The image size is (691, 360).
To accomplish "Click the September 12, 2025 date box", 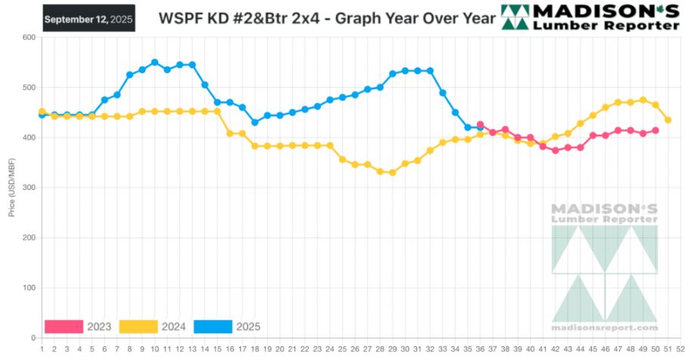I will pyautogui.click(x=88, y=18).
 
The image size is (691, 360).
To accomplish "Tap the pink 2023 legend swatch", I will pyautogui.click(x=64, y=327).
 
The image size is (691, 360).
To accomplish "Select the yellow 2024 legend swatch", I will pyautogui.click(x=138, y=327).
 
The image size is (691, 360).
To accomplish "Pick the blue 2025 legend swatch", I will pyautogui.click(x=213, y=327).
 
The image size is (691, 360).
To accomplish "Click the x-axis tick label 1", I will pyautogui.click(x=42, y=349).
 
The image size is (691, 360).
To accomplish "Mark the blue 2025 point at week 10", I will pyautogui.click(x=154, y=63).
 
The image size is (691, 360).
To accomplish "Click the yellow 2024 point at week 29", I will pyautogui.click(x=392, y=172).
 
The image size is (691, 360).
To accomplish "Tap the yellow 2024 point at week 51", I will pyautogui.click(x=668, y=120).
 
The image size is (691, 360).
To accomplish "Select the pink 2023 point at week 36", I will pyautogui.click(x=480, y=125).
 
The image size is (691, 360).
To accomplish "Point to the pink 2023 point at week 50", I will pyautogui.click(x=655, y=131).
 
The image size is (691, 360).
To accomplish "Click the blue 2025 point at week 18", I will pyautogui.click(x=254, y=123).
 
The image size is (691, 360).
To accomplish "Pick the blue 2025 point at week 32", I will pyautogui.click(x=430, y=71).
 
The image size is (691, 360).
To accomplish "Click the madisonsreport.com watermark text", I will pyautogui.click(x=604, y=327).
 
